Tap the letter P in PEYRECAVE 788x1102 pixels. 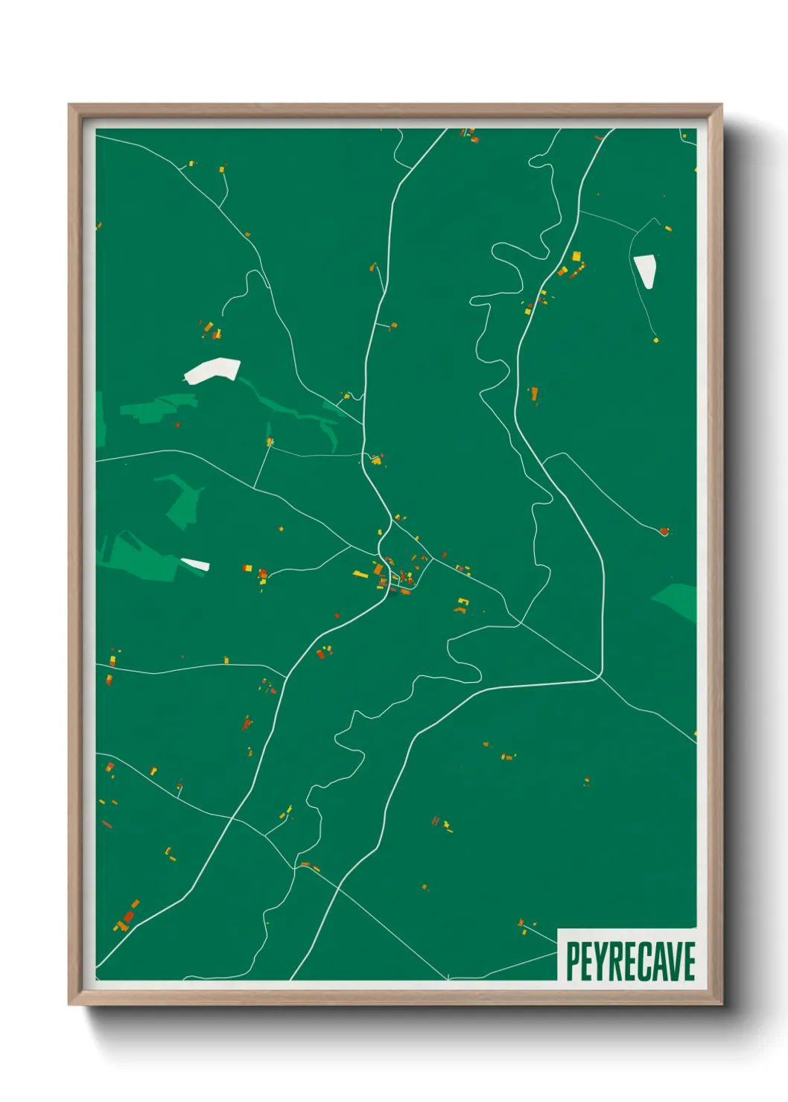tap(573, 961)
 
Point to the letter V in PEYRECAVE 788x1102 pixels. tap(674, 961)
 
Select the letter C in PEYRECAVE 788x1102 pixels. tap(644, 961)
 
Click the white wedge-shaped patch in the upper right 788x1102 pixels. tap(645, 270)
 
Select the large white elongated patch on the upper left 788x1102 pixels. tap(212, 370)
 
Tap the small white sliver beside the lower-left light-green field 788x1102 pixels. tap(195, 564)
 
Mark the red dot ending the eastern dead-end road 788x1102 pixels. tap(664, 532)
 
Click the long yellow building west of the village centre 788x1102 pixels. tap(360, 574)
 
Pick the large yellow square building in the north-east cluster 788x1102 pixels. tap(576, 256)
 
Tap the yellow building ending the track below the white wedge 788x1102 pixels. tap(656, 340)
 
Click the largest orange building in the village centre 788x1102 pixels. tap(378, 570)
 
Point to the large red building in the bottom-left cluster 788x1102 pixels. tap(129, 917)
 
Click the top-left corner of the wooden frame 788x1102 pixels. tap(69, 105)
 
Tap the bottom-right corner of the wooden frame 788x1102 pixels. tap(721, 1005)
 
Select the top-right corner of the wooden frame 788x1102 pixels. tap(721, 105)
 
